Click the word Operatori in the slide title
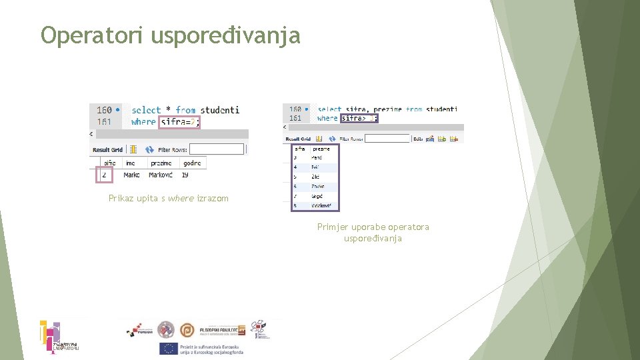92,35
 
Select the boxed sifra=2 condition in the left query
179,122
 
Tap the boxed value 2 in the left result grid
104,175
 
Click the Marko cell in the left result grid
132,175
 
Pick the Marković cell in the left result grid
161,175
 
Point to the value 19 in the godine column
185,175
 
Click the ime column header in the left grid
130,163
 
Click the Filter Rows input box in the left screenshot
216,149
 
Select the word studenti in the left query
219,110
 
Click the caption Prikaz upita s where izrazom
168,198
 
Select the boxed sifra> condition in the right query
359,118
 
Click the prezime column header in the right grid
321,149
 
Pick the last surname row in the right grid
322,206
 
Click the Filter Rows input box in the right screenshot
387,139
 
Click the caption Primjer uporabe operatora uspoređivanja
373,233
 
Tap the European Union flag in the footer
168,348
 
